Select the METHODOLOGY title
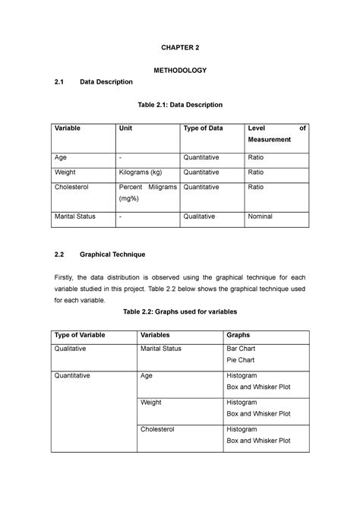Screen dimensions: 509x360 coord(180,70)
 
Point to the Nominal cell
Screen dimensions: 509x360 coord(262,217)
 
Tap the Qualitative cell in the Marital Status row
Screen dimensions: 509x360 coord(200,217)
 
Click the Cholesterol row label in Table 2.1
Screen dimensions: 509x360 coord(71,186)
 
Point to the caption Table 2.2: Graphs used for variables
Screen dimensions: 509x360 coord(179,311)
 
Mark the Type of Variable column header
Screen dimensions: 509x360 coord(79,334)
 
